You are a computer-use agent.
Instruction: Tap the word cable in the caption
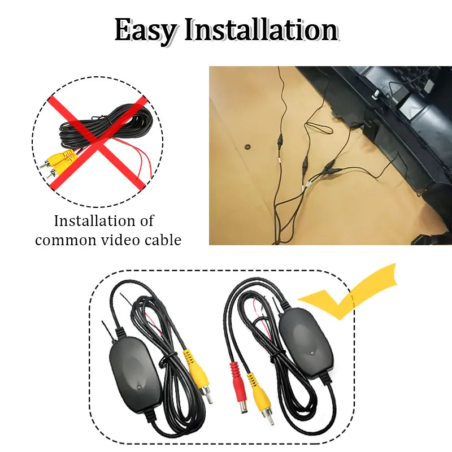pos(162,240)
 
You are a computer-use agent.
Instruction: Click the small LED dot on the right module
pos(311,354)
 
